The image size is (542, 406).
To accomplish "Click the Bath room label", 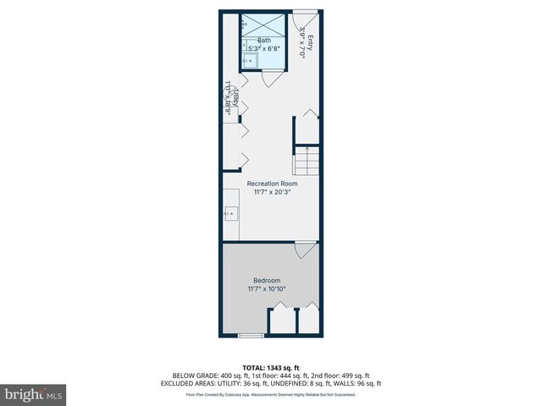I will [264, 40].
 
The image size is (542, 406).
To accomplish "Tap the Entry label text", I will [310, 41].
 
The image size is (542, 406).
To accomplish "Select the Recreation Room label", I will [272, 184].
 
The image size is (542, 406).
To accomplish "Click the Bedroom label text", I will [267, 281].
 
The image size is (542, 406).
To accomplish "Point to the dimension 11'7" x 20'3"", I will [272, 193].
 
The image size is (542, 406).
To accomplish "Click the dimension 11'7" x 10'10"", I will [267, 289].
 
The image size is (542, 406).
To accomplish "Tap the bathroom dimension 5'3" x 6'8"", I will [264, 48].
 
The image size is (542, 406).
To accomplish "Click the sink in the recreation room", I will [230, 214].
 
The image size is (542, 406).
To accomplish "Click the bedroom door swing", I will [302, 250].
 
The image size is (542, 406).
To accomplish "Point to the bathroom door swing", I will [268, 80].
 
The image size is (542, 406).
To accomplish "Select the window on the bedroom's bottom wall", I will [251, 336].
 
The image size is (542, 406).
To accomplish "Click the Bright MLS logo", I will [34, 394].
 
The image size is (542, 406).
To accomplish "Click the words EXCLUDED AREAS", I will [199, 383].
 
